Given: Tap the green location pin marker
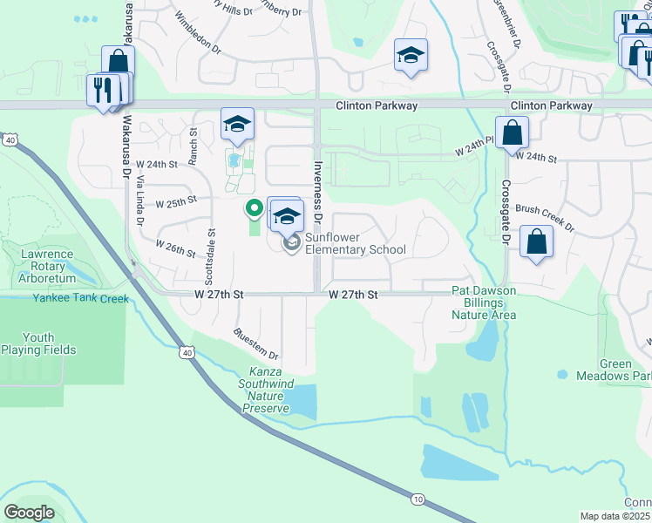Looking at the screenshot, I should [254, 209].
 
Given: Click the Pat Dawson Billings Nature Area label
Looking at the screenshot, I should [483, 302].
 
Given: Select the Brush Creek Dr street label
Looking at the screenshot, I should [545, 217].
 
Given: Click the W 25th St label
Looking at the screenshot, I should [176, 202].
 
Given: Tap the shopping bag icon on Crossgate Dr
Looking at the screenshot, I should [513, 133].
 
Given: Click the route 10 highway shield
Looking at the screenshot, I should [417, 499].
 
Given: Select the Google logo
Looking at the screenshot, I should [29, 513].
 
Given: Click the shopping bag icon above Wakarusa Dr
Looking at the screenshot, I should [118, 62].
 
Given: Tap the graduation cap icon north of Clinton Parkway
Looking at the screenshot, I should [411, 55].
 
